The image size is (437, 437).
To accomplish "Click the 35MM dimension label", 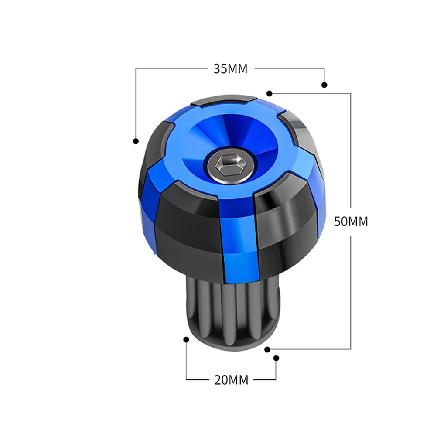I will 230,68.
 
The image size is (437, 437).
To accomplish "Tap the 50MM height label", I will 351,221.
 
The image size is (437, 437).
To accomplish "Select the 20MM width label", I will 231,380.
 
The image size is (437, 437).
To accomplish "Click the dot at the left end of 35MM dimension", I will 136,141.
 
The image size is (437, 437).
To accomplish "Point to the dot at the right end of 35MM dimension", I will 324,85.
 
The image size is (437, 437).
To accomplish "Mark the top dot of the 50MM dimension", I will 270,93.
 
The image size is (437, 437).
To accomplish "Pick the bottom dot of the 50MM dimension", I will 267,348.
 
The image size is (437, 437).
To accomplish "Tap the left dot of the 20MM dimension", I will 186,339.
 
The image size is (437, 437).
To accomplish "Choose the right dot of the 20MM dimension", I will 276,358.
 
